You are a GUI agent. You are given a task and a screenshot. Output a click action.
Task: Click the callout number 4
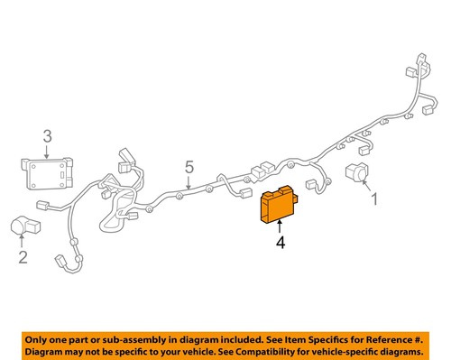[x=281, y=243]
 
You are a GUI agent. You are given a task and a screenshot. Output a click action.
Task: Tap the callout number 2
[x=23, y=258]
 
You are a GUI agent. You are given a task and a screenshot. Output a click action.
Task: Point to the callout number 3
[x=48, y=137]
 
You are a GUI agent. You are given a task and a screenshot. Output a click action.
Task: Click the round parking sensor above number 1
[x=355, y=173]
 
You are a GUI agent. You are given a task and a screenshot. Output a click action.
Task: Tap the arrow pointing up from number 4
[x=281, y=228]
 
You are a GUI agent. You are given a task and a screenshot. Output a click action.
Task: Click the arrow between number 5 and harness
[x=186, y=182]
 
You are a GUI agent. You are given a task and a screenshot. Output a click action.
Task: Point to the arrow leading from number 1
[x=367, y=188]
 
